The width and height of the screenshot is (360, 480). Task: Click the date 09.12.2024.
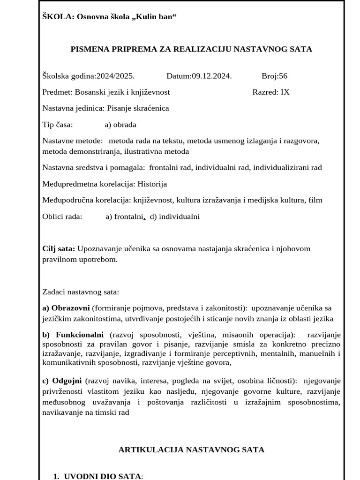point(211,76)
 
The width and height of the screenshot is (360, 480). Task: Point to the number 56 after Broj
point(283,76)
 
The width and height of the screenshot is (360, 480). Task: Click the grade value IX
point(285,92)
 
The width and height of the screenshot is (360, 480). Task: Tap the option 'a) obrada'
point(120,125)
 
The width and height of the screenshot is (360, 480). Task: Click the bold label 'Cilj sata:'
point(59,248)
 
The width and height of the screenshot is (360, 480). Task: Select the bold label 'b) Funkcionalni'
point(73,335)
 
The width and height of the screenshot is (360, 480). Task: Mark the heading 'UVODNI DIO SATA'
point(103,476)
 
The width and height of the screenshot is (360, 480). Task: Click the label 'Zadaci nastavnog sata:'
point(81,292)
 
